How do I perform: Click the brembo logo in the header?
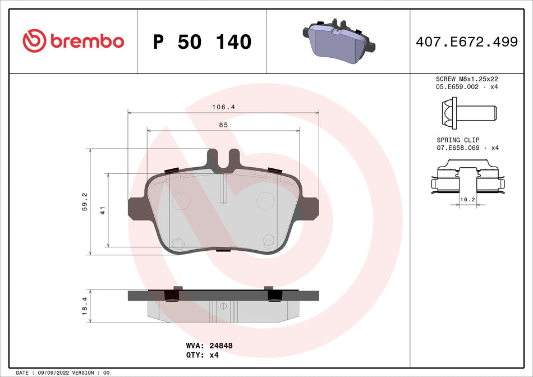coord(73,41)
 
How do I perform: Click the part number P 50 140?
coord(202,42)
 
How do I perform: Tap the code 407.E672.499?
coord(466,42)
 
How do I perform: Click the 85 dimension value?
coord(223,125)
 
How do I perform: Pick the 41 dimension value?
coord(103,210)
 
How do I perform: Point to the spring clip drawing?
coord(466,178)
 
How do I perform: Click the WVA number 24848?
coord(220,346)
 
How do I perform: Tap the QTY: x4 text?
coord(201,355)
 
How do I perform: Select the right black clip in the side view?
coord(274,295)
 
